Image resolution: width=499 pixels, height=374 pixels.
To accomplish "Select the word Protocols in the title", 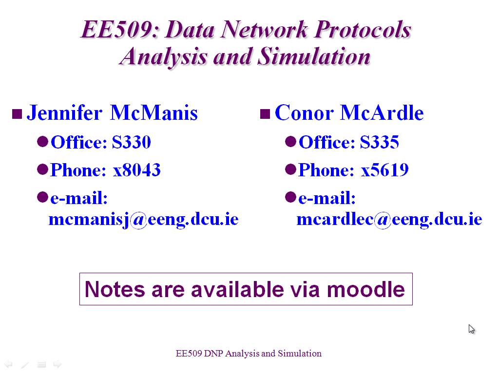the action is coord(363,29).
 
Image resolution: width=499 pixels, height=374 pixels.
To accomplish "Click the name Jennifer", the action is coord(65,113).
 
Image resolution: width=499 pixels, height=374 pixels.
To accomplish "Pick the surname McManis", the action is coord(154,113).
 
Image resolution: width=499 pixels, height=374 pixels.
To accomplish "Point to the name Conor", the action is coord(304,113).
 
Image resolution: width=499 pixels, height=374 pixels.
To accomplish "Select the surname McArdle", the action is coord(382,113).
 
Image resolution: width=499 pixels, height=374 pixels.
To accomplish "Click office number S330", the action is coord(132,142).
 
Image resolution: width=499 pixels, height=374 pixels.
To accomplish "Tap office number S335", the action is coord(379,142).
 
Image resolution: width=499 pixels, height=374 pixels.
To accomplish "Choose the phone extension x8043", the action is coord(137,170).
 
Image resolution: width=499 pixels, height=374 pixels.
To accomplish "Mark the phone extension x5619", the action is coord(385,170).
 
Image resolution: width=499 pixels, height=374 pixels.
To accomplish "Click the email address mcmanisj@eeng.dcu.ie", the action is coord(144,220).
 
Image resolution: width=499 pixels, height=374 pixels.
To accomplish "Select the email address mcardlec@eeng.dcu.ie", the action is coord(389,220).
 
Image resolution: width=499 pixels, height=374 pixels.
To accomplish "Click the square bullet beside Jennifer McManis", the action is coord(17,114).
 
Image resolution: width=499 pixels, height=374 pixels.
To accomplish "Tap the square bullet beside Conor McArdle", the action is coord(265,114).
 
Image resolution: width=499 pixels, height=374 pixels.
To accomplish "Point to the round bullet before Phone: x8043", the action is coord(43,169).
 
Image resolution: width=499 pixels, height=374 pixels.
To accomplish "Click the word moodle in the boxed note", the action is coord(366,289).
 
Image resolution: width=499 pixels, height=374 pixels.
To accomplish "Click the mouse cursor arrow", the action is coord(471,329).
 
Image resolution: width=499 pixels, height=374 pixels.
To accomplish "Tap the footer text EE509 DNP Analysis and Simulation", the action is coord(249,354).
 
